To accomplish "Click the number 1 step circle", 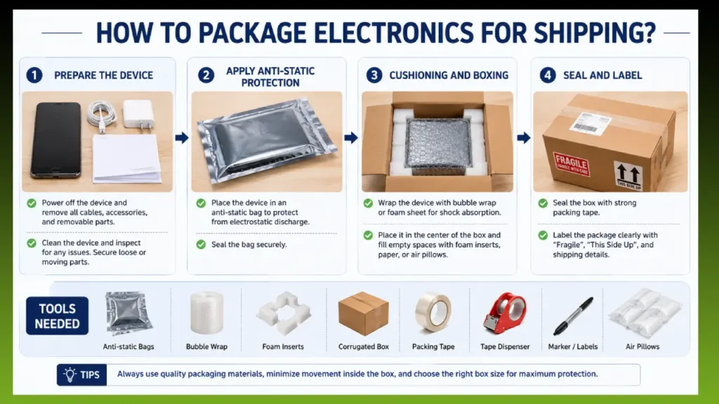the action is coord(34,75).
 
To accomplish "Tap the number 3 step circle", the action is coord(374,75).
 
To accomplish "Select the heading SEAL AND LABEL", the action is coord(602,76).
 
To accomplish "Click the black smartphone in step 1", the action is coord(56,140).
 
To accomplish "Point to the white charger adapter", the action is coord(138,115).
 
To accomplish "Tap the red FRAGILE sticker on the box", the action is coord(571,164).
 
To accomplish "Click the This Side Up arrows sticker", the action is coord(628,176).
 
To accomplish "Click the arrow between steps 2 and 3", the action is coord(351,137).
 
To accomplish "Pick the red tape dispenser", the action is coord(505,313).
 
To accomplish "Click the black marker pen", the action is coord(573,316).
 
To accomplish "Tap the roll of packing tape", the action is coord(433,312).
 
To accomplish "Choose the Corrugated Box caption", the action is coord(364,346).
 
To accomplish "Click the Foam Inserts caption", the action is coord(283,346).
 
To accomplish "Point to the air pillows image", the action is coord(645,314).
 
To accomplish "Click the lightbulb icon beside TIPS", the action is coord(70,375).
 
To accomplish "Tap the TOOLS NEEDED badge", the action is coord(58,316).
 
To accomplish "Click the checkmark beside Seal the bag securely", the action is coord(201,245).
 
